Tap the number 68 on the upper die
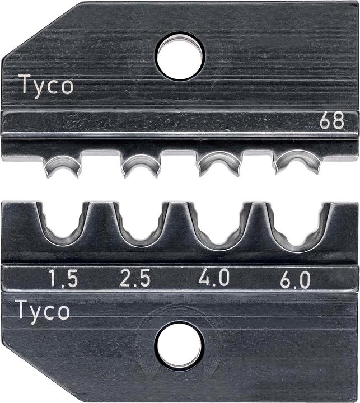click(331, 120)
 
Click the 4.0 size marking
click(214, 277)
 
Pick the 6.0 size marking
click(295, 280)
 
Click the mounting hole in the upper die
click(180, 57)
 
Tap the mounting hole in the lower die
click(180, 345)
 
